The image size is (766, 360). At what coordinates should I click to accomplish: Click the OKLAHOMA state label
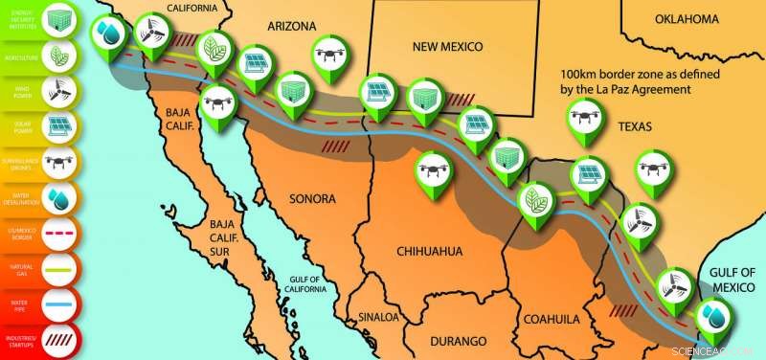[x=687, y=19]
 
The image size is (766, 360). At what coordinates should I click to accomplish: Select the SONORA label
[x=312, y=199]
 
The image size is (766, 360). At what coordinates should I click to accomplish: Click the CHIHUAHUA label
[x=429, y=252]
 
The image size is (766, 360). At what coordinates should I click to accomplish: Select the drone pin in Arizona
[x=331, y=56]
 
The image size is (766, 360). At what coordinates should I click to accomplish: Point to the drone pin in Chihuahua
[x=433, y=170]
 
